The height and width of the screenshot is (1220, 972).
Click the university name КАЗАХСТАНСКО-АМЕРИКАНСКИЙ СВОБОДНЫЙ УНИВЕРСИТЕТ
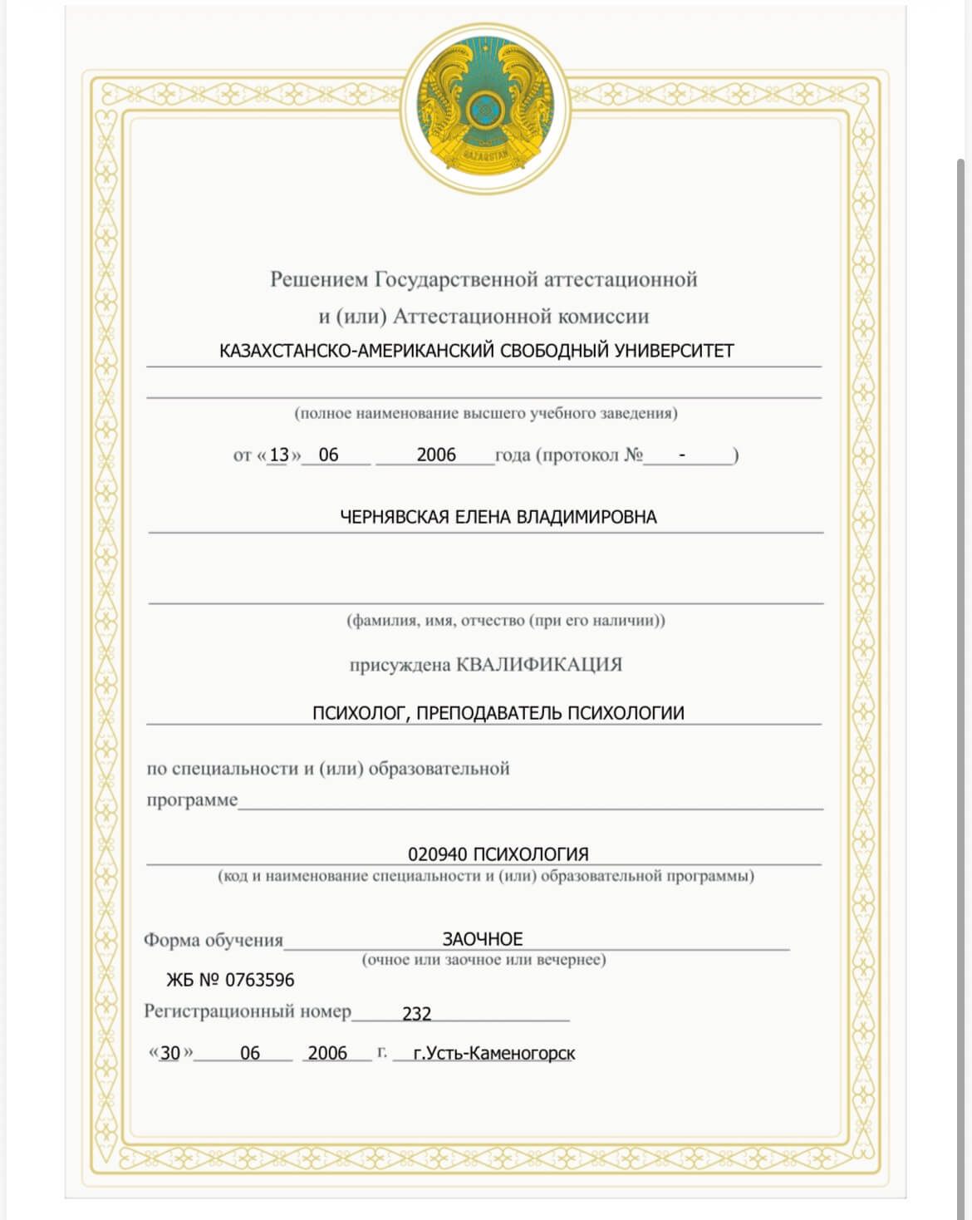[x=476, y=351]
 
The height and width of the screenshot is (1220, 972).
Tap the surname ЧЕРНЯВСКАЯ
[x=395, y=517]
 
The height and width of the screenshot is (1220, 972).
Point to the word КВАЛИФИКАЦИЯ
[x=540, y=665]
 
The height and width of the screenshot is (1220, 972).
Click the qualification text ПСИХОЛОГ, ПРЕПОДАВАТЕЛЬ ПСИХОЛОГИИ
[x=498, y=713]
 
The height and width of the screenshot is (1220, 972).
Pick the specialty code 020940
[x=438, y=854]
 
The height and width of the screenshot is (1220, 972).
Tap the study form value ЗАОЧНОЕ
[x=483, y=939]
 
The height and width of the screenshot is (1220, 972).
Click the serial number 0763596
[x=260, y=980]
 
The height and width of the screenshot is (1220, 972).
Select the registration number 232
[x=417, y=1014]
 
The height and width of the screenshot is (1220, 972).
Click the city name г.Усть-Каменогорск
[x=494, y=1053]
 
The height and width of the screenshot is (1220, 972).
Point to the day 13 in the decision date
[x=279, y=455]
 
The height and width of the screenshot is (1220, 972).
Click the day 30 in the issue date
[x=170, y=1053]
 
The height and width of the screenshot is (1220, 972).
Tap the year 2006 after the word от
[x=436, y=455]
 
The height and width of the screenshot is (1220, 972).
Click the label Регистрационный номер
[x=248, y=1011]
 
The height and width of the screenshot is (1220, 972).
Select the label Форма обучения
[x=214, y=940]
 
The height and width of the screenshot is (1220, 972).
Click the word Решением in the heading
[x=319, y=279]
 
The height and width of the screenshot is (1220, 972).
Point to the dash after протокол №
[x=682, y=455]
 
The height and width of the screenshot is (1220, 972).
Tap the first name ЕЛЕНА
[x=483, y=517]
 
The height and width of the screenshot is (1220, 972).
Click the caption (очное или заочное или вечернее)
[x=484, y=960]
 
